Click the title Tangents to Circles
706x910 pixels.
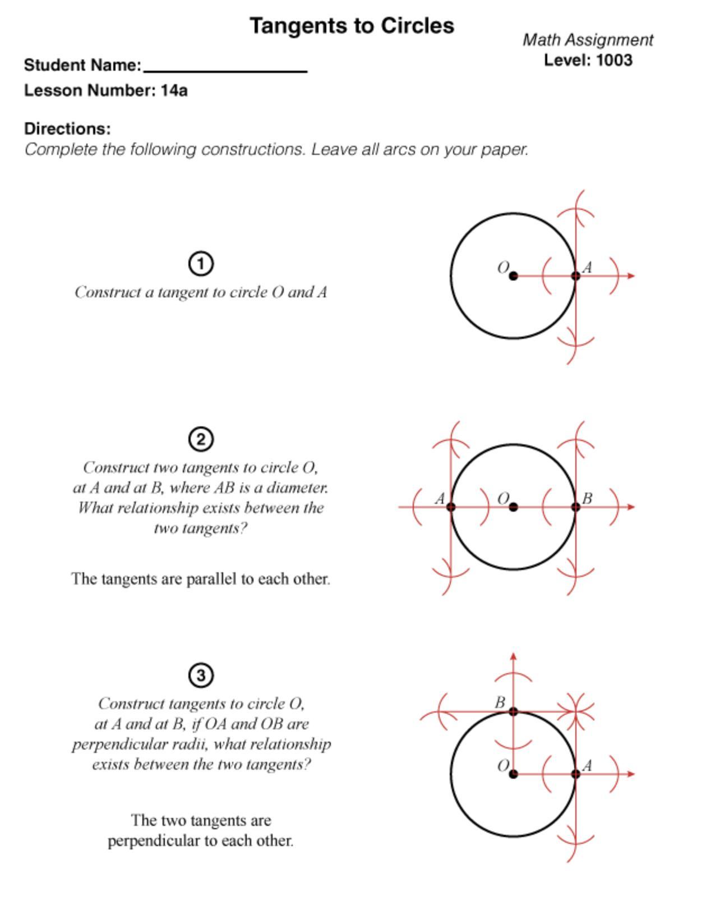(x=352, y=26)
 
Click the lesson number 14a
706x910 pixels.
(x=174, y=90)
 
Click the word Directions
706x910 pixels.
(x=67, y=128)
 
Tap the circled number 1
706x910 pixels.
(x=201, y=264)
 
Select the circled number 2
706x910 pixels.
(x=201, y=439)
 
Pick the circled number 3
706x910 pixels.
(x=201, y=675)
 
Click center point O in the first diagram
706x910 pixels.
(x=514, y=276)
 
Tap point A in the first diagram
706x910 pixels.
(x=575, y=276)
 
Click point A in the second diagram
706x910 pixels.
(x=451, y=507)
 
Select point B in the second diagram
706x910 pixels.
(x=575, y=507)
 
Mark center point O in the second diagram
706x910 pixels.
(x=514, y=507)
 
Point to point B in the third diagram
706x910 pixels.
(x=514, y=711)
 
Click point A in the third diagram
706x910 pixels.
(x=575, y=774)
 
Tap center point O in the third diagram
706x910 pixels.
(x=514, y=774)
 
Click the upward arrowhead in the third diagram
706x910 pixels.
(x=514, y=656)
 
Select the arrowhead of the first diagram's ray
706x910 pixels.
(x=631, y=276)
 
